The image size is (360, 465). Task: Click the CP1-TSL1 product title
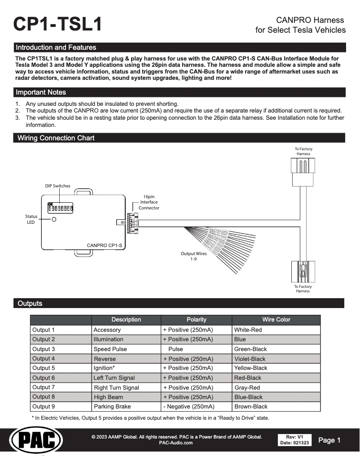point(58,24)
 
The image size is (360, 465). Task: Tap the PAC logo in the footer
point(36,440)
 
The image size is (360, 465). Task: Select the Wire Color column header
point(276,320)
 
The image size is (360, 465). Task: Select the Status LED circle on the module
point(54,220)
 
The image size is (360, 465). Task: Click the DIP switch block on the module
point(61,208)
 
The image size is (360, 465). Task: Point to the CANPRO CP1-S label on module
point(104,245)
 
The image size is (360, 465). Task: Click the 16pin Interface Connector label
point(149,202)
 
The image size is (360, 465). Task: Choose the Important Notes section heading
point(41,92)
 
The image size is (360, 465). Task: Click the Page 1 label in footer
point(329,440)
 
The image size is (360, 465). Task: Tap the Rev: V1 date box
point(294,440)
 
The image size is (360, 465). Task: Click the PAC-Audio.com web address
point(176,443)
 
